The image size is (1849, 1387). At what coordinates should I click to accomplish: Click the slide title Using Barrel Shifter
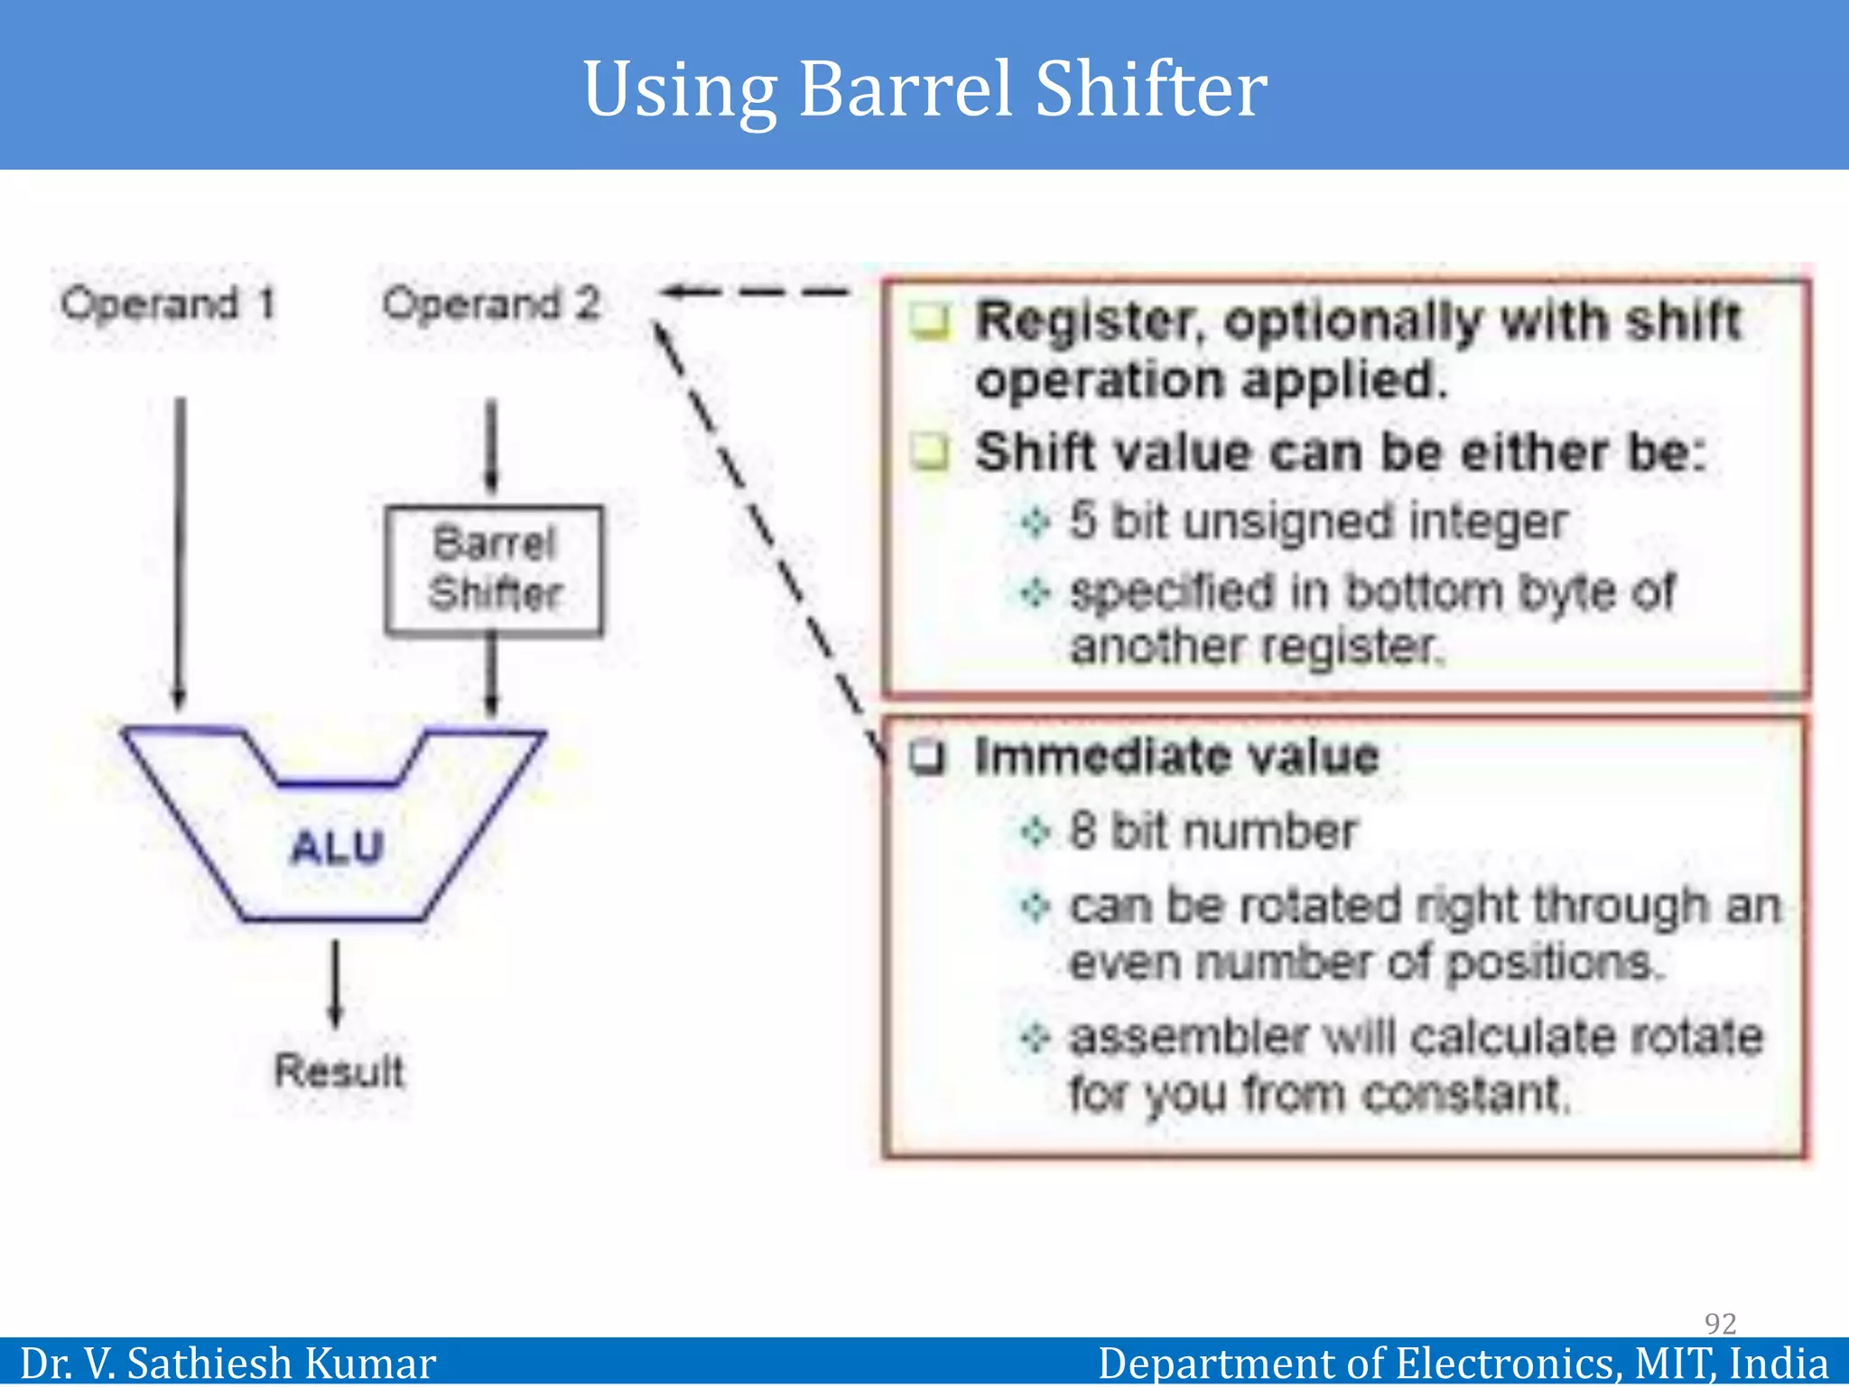[x=924, y=88]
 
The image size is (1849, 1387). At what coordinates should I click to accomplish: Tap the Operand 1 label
[x=168, y=304]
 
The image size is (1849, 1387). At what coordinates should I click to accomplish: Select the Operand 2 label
[x=491, y=304]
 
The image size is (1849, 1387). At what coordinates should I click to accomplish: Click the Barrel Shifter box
[x=494, y=570]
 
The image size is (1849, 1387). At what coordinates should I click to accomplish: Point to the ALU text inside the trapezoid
[x=338, y=847]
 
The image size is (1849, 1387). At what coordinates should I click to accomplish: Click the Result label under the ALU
[x=339, y=1071]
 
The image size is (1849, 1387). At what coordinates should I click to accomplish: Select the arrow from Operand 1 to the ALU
[x=180, y=551]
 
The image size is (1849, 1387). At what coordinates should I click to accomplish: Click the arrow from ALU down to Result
[x=336, y=984]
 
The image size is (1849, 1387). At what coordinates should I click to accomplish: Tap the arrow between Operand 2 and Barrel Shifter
[x=491, y=447]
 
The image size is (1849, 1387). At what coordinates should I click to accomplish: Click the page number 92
[x=1720, y=1323]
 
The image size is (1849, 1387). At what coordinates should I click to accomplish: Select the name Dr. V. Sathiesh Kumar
[x=228, y=1363]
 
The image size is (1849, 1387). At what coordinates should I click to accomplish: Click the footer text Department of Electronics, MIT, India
[x=1463, y=1363]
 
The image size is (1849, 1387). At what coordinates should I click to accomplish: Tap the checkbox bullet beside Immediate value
[x=927, y=757]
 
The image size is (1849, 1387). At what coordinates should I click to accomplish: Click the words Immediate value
[x=1177, y=756]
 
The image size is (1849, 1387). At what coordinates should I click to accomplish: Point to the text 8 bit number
[x=1213, y=831]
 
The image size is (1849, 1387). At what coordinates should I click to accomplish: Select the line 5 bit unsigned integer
[x=1318, y=521]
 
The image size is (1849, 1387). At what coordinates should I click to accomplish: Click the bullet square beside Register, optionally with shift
[x=930, y=321]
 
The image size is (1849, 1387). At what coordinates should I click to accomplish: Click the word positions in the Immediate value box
[x=1553, y=963]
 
